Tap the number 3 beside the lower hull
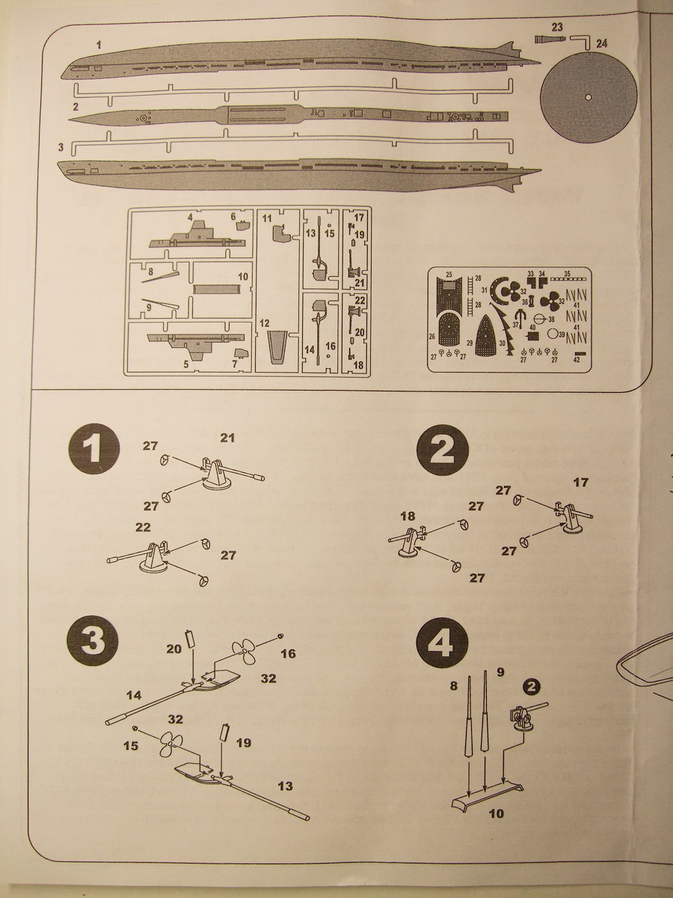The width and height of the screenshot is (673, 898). click(x=61, y=149)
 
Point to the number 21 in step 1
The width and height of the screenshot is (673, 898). click(x=228, y=436)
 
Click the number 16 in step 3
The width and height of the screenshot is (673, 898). click(x=288, y=654)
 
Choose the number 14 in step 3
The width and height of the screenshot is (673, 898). click(x=133, y=695)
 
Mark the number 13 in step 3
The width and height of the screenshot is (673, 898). click(x=284, y=786)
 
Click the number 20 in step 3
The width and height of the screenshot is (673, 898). click(x=173, y=649)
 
